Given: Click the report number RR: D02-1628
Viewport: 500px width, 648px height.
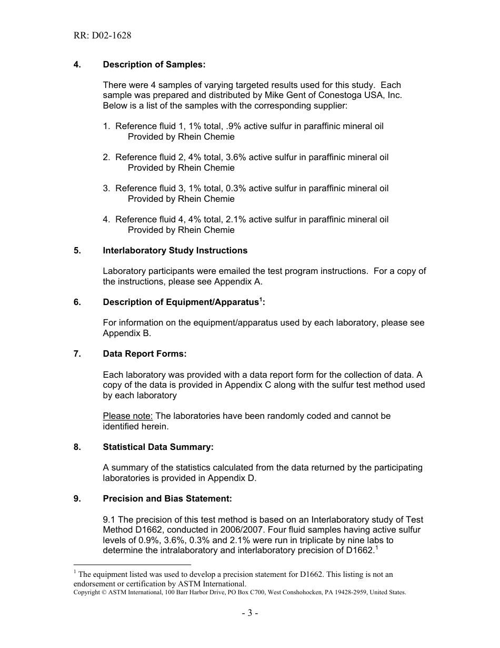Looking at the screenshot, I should click(103, 36).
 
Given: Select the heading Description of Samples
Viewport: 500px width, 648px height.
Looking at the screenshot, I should click(154, 64).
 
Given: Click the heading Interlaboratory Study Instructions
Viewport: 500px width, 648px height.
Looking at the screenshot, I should click(175, 250).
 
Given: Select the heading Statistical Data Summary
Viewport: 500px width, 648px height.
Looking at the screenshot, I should click(158, 447).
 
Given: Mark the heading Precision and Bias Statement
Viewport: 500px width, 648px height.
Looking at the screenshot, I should click(167, 498).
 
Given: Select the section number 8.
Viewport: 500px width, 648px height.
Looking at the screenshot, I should click(77, 447).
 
